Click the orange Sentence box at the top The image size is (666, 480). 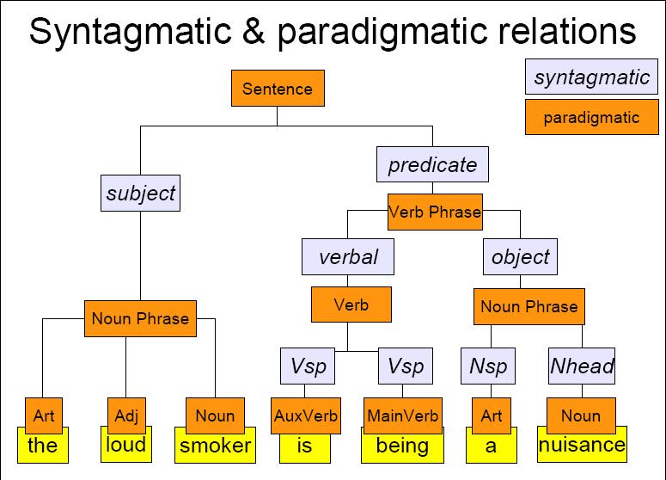278,89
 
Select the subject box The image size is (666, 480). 141,193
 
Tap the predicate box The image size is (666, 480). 432,164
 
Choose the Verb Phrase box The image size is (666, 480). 435,212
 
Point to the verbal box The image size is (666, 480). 348,257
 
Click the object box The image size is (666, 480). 520,257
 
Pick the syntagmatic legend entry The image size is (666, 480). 591,77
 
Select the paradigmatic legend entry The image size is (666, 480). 592,117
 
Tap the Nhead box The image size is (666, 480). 582,366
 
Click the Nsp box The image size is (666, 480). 488,366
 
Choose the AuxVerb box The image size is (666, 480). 306,415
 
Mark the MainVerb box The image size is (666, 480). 403,415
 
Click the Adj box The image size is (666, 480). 126,415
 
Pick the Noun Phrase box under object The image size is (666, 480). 529,306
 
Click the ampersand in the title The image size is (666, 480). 254,31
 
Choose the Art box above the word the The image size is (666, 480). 44,415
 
